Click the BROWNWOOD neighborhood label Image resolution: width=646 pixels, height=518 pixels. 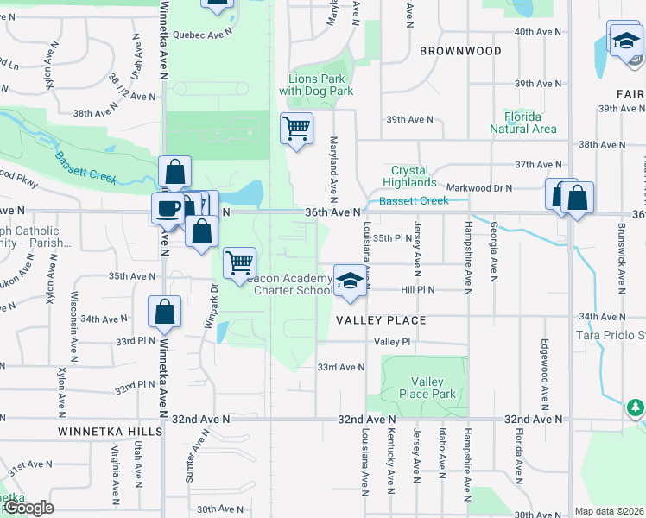point(460,51)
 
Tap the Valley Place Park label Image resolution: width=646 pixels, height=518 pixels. point(427,388)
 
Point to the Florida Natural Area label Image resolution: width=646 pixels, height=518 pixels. point(528,123)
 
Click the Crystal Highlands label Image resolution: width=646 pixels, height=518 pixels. point(413,177)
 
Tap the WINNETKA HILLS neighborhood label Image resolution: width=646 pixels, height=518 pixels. point(110,431)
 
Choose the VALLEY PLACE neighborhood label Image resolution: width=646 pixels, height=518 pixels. point(381,320)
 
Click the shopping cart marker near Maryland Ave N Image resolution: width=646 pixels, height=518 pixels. point(296,129)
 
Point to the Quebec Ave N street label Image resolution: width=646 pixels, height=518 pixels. point(203,34)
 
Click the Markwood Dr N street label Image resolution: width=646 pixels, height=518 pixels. point(479,187)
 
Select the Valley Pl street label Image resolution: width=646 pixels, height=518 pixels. point(390,341)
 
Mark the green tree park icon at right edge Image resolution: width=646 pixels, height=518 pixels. point(636,407)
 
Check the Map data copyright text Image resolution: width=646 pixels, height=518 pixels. point(609,511)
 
